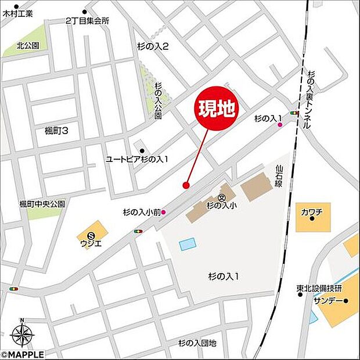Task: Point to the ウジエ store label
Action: pos(92,243)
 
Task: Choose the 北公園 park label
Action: pos(27,45)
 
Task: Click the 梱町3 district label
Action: pos(56,131)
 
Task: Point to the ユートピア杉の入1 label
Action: pos(136,159)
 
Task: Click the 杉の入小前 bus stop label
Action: pos(142,212)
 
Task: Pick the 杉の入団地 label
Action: pos(197,343)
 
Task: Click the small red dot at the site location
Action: pos(186,185)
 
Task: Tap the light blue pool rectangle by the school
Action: pos(188,244)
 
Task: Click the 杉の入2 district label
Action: pos(153,46)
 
